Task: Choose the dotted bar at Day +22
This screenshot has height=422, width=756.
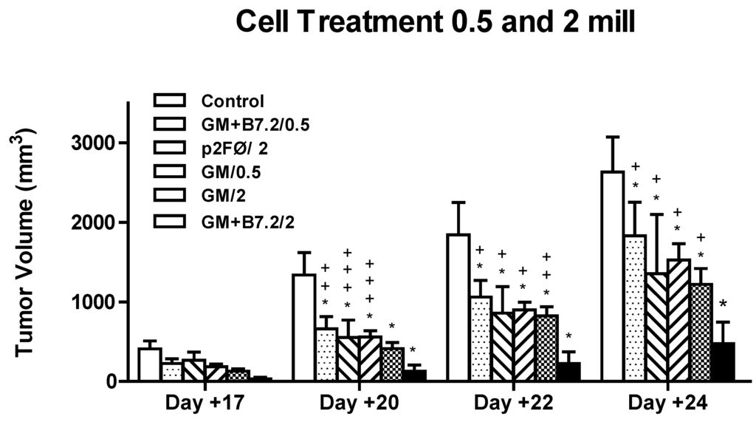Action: tap(481, 339)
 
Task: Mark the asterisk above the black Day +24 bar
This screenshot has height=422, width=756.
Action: tap(724, 304)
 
